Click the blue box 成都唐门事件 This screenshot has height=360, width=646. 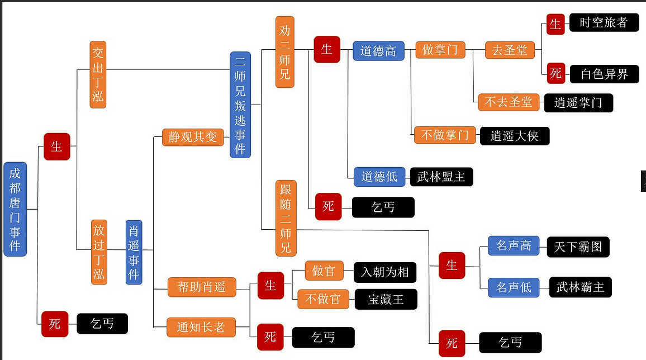[15, 209]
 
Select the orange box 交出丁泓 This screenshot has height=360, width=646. [98, 74]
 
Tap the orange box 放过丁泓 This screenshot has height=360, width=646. [98, 252]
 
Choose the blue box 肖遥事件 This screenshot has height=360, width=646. [134, 252]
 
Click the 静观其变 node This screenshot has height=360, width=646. [193, 137]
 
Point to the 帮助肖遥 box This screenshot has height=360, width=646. [202, 287]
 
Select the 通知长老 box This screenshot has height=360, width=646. [201, 327]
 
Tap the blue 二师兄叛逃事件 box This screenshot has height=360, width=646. [240, 105]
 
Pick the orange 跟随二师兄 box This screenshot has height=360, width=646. [286, 217]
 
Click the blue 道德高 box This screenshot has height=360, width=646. [378, 51]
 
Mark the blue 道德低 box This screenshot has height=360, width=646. [379, 177]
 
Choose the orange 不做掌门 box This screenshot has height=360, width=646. [445, 135]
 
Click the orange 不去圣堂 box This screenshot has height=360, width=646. [509, 102]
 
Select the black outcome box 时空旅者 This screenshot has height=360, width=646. [604, 23]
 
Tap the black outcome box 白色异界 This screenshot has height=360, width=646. [604, 74]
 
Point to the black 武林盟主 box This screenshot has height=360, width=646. [441, 177]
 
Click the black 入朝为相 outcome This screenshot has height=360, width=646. [385, 272]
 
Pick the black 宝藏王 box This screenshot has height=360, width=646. [386, 299]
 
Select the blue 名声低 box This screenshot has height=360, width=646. [514, 287]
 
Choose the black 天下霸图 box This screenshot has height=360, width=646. [578, 247]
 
